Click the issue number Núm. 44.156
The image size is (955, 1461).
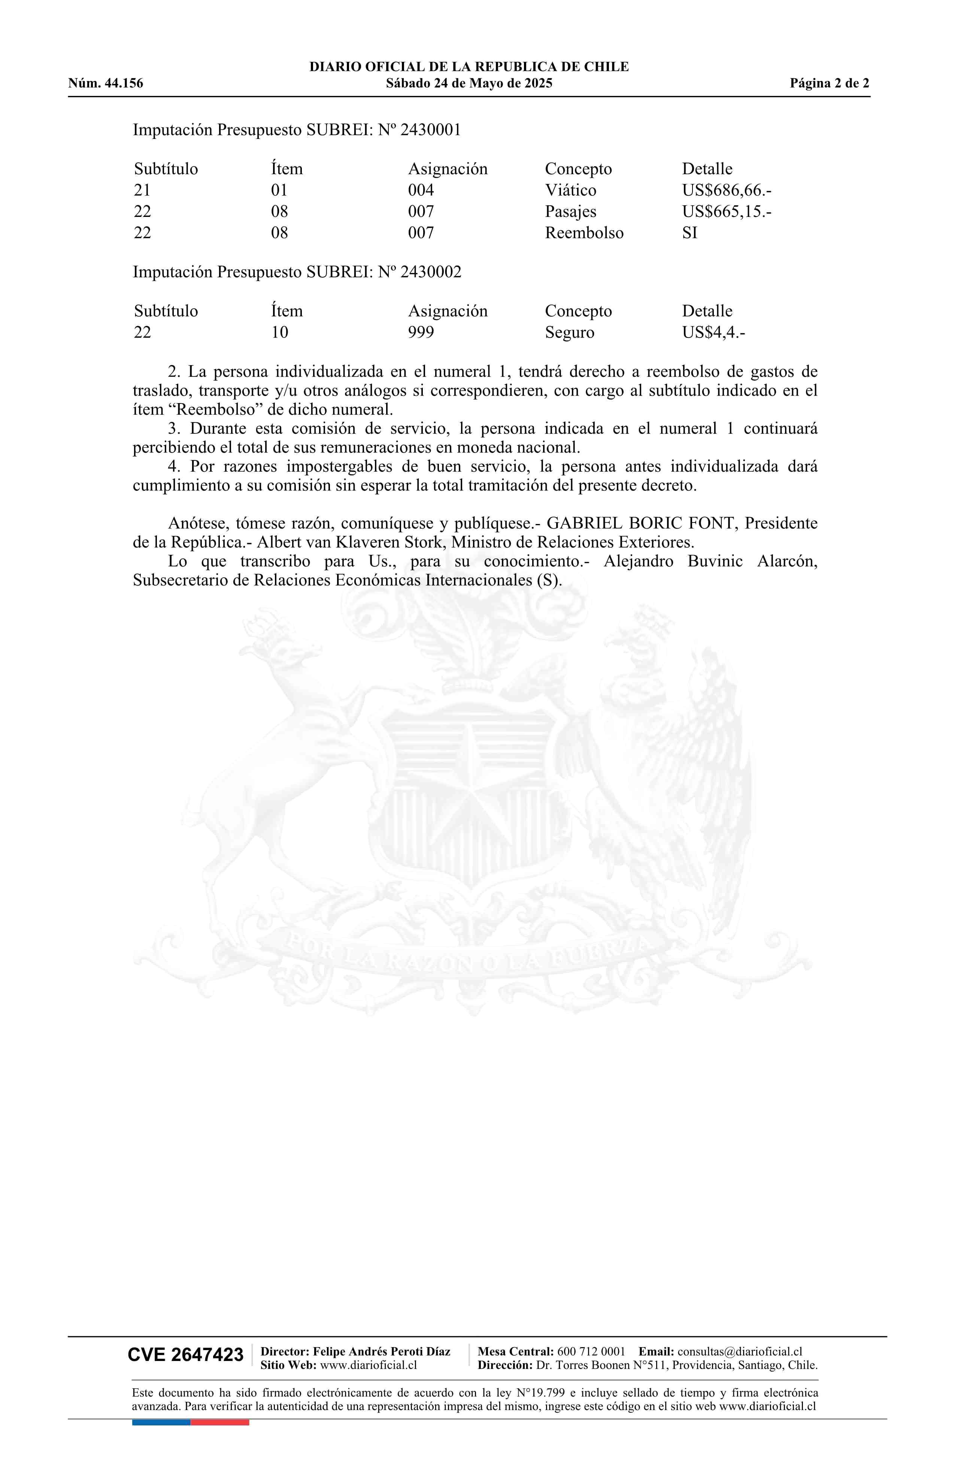pos(106,84)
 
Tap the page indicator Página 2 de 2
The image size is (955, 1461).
pos(829,84)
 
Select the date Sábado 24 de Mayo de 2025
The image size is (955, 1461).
pos(469,84)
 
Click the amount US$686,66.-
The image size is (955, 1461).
pos(726,190)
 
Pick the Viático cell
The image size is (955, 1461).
pos(570,190)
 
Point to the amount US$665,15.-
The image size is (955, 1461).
pos(726,212)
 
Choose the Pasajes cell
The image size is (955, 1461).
pos(570,212)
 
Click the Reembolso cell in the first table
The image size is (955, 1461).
pos(584,233)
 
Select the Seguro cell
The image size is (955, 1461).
pos(569,333)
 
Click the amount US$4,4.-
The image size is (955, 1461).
pos(713,333)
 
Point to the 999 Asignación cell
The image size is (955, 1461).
pos(421,333)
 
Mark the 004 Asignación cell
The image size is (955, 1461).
pos(421,190)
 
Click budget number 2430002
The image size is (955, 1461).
pos(430,272)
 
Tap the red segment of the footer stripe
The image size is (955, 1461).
pos(220,1422)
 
